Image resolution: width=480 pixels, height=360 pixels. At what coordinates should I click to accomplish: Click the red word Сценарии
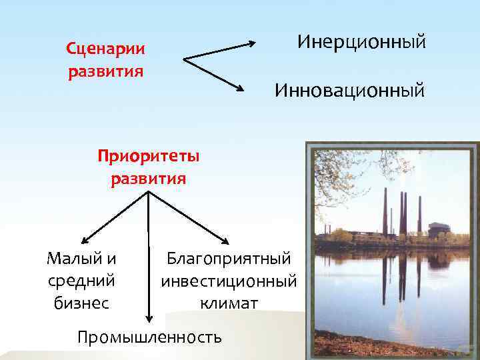[105, 49]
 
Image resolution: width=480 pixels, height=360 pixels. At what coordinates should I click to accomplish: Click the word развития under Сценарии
[105, 71]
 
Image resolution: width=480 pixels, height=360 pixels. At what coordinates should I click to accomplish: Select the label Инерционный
[361, 43]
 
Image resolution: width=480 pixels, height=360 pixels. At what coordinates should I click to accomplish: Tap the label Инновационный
[349, 90]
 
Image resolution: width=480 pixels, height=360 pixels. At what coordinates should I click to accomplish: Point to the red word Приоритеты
[148, 157]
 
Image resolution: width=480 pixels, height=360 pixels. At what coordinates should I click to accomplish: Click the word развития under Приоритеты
[148, 179]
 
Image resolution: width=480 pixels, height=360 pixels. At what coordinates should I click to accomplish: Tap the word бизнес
[81, 303]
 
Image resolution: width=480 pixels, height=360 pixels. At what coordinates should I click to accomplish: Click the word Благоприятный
[229, 257]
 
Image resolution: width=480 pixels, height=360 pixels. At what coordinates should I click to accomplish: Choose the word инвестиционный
[229, 281]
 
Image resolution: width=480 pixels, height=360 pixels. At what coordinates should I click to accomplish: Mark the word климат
[229, 303]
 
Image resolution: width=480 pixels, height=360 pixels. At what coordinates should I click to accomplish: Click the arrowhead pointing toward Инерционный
[251, 44]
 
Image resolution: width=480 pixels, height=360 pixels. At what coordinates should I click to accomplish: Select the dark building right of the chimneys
[438, 230]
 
